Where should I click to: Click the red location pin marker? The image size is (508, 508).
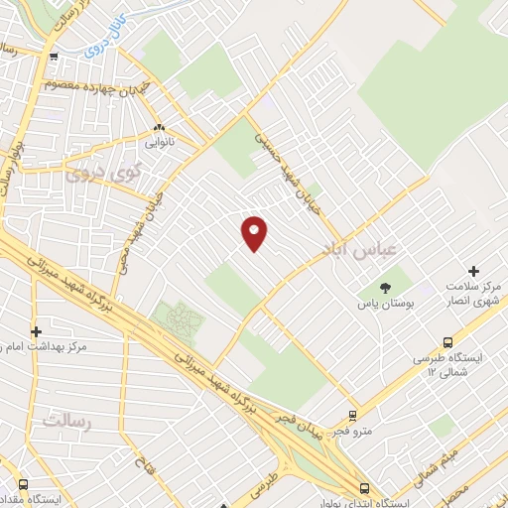point(255,232)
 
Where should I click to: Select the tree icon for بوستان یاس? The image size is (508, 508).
point(386,289)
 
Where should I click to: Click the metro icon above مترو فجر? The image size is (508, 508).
point(351,417)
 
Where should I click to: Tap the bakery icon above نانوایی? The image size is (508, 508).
point(160,128)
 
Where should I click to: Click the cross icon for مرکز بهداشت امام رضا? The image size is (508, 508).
point(37,331)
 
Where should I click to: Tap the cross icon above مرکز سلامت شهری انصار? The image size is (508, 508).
point(473,271)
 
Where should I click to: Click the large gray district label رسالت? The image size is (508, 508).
point(67,422)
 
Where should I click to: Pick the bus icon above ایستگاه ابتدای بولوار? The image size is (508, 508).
point(365,487)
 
